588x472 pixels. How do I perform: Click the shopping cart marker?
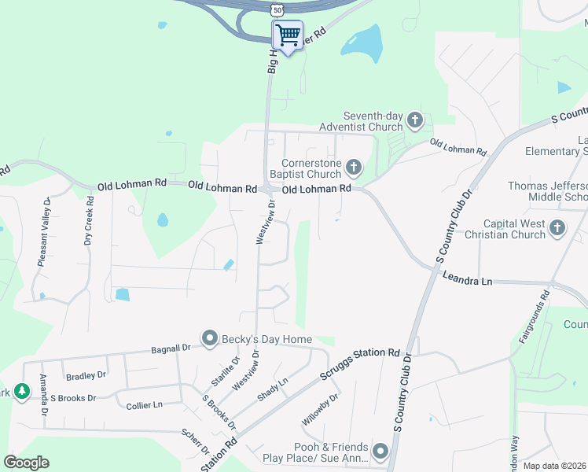coord(288,35)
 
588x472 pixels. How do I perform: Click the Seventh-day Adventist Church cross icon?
coord(415,121)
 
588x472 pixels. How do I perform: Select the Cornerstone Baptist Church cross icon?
coord(354,167)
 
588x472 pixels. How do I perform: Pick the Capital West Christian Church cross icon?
coord(557,228)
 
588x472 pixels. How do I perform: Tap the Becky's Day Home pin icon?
coord(210,338)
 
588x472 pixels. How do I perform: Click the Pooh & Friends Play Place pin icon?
coord(381,451)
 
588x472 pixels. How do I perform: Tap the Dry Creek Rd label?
coord(89,223)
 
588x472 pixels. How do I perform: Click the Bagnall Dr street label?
coord(171,347)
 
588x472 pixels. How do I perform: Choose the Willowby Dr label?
coord(322,409)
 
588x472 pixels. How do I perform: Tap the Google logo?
coord(26,463)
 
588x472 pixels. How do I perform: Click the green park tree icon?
coord(22,391)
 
